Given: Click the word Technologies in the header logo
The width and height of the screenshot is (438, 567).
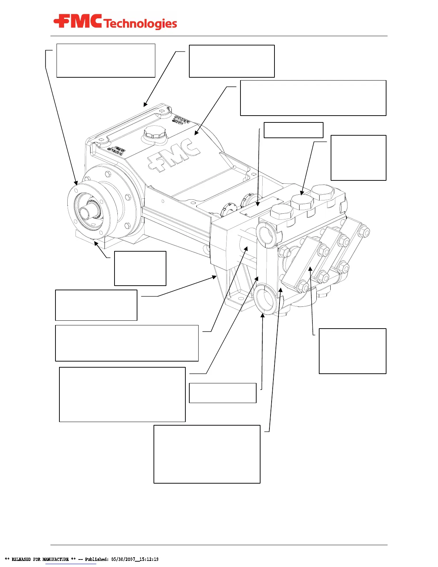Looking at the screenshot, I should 141,24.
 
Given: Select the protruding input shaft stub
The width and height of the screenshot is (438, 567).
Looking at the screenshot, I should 85,212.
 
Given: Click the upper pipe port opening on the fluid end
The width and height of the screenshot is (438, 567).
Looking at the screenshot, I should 267,236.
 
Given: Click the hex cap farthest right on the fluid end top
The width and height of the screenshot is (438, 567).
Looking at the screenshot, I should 323,192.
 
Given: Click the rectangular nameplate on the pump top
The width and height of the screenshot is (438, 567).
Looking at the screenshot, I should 261,206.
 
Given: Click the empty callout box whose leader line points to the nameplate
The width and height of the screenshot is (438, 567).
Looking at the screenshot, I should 293,130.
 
